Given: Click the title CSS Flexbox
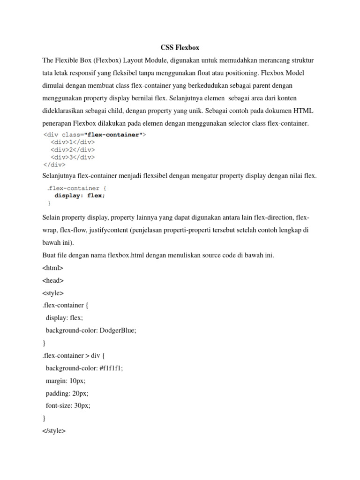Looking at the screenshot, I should [x=180, y=47].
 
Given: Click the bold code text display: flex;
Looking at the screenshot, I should [x=80, y=196].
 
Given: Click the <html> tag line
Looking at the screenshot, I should [x=52, y=268].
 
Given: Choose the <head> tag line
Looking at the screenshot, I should [x=52, y=280].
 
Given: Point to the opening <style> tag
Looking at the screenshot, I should [x=52, y=293].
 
